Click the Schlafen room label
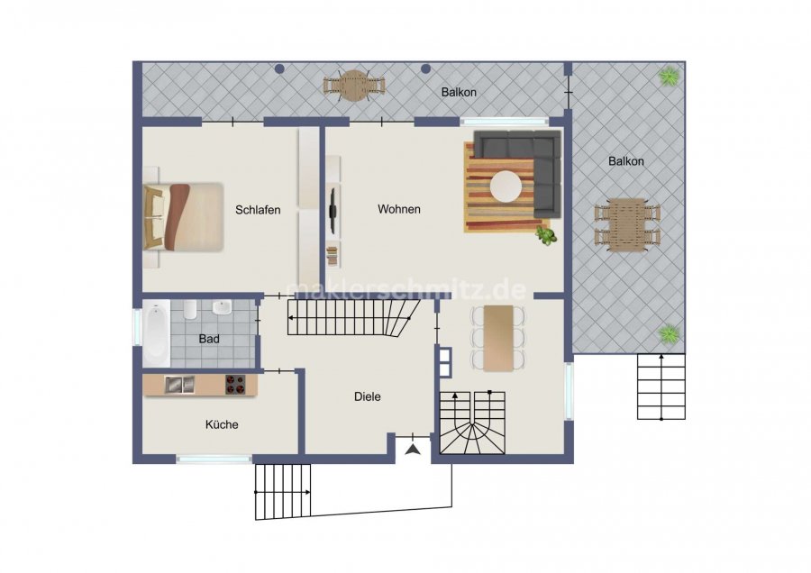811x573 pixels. pyautogui.click(x=258, y=210)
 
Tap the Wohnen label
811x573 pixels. pyautogui.click(x=399, y=209)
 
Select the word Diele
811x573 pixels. pyautogui.click(x=368, y=396)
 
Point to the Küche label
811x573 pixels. pyautogui.click(x=222, y=424)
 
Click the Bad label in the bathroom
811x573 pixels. pyautogui.click(x=209, y=340)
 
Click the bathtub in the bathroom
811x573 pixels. pyautogui.click(x=156, y=332)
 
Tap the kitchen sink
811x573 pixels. pyautogui.click(x=179, y=385)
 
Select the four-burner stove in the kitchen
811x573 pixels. pyautogui.click(x=235, y=385)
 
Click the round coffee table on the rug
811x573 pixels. pyautogui.click(x=506, y=186)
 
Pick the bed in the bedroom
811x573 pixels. pyautogui.click(x=183, y=217)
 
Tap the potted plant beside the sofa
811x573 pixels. pyautogui.click(x=546, y=235)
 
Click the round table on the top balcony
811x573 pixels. pyautogui.click(x=354, y=86)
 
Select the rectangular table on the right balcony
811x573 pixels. pyautogui.click(x=627, y=225)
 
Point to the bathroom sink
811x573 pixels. pyautogui.click(x=222, y=307)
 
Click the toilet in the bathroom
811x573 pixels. pyautogui.click(x=190, y=309)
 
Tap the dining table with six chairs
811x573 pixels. pyautogui.click(x=498, y=338)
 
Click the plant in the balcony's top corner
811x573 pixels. pyautogui.click(x=669, y=77)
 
